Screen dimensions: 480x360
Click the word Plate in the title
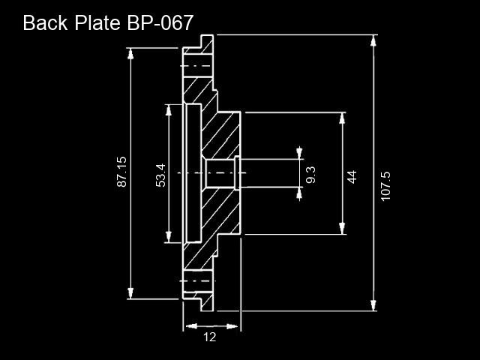pyautogui.click(x=97, y=23)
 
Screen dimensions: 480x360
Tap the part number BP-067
pyautogui.click(x=160, y=23)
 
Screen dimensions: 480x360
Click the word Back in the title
pyautogui.click(x=45, y=23)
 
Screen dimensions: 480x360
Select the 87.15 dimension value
pyautogui.click(x=121, y=172)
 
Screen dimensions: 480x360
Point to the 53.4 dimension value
pyautogui.click(x=160, y=175)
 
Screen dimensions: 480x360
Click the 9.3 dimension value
pyautogui.click(x=310, y=175)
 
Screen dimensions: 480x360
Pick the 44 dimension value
pyautogui.click(x=352, y=177)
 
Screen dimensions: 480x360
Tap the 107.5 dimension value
pyautogui.click(x=385, y=186)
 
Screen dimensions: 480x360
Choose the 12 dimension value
pyautogui.click(x=210, y=337)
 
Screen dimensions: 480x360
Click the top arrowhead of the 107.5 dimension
pyautogui.click(x=373, y=40)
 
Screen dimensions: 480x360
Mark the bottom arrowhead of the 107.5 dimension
pyautogui.click(x=373, y=305)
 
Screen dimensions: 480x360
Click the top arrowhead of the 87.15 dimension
pyautogui.click(x=130, y=53)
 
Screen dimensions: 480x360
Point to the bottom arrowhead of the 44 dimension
pyautogui.click(x=342, y=229)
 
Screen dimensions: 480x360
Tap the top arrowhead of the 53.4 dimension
pyautogui.click(x=168, y=110)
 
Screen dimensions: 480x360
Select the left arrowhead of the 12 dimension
pyautogui.click(x=191, y=326)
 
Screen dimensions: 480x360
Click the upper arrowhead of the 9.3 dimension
pyautogui.click(x=299, y=153)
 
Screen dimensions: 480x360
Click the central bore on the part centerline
pyautogui.click(x=220, y=173)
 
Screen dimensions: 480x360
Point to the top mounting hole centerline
pyautogui.click(x=196, y=66)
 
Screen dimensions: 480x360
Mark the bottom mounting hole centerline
pyautogui.click(x=197, y=280)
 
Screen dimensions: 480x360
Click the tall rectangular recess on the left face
pyautogui.click(x=193, y=173)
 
